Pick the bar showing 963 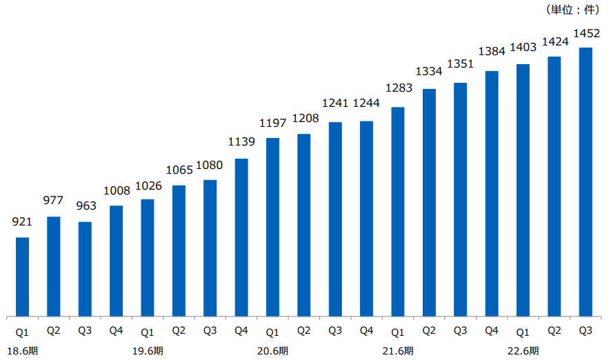tap(85, 269)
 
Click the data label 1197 tap(272, 123)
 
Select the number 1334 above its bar tap(429, 72)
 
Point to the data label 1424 tap(554, 41)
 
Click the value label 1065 tap(179, 170)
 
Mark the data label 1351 tap(461, 64)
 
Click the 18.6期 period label tap(22, 351)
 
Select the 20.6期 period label tap(272, 351)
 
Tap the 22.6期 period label tap(523, 351)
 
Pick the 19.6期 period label tap(148, 351)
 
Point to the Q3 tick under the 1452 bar tap(585, 330)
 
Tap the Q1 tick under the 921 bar tap(22, 330)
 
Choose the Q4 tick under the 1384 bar tap(492, 330)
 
